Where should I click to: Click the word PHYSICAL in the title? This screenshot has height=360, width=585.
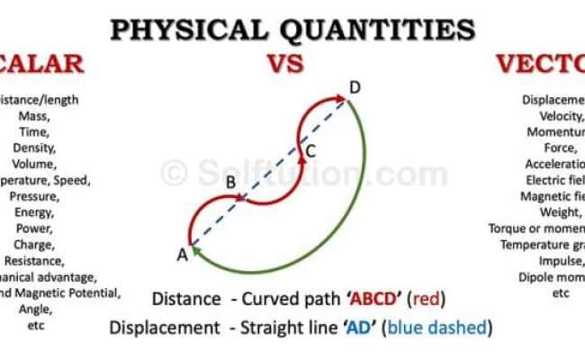pyautogui.click(x=185, y=30)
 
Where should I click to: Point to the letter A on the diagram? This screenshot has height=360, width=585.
pyautogui.click(x=182, y=256)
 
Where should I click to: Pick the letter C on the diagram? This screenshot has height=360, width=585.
pyautogui.click(x=310, y=150)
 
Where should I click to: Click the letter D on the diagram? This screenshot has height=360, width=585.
pyautogui.click(x=355, y=87)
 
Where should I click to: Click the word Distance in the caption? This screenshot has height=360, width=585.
pyautogui.click(x=186, y=299)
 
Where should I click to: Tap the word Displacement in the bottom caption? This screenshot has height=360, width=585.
pyautogui.click(x=165, y=328)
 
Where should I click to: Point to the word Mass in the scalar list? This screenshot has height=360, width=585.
pyautogui.click(x=35, y=115)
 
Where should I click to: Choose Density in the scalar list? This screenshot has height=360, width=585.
pyautogui.click(x=35, y=148)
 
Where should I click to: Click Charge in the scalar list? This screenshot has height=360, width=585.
pyautogui.click(x=35, y=245)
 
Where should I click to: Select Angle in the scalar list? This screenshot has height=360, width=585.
pyautogui.click(x=35, y=310)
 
